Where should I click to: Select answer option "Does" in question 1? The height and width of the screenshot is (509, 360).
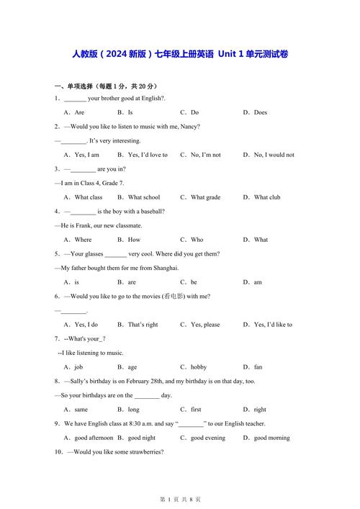260,112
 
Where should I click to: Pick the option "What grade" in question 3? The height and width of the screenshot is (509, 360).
205,197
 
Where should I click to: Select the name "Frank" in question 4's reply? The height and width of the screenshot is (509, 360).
85,225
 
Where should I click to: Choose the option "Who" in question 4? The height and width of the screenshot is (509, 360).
197,240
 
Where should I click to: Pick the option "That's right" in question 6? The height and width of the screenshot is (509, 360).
143,325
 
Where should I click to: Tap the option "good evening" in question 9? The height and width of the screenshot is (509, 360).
207,438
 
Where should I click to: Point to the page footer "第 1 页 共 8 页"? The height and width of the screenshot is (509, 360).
179,499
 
